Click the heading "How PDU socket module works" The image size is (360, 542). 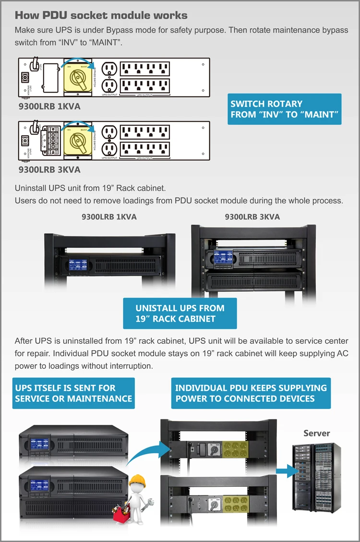(x=101, y=16)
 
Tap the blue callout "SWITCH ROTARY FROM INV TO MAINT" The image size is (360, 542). (x=285, y=109)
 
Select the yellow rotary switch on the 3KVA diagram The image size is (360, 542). (x=77, y=140)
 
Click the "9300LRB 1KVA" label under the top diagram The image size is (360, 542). (x=49, y=107)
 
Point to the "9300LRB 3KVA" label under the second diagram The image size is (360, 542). (x=49, y=169)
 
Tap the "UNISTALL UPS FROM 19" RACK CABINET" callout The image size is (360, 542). (x=180, y=313)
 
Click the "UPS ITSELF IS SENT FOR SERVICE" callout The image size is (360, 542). (x=73, y=393)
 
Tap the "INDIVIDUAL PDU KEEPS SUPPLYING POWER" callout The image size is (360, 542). (x=251, y=393)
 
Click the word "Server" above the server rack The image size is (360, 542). (x=316, y=433)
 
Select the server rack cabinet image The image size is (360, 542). (x=316, y=478)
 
